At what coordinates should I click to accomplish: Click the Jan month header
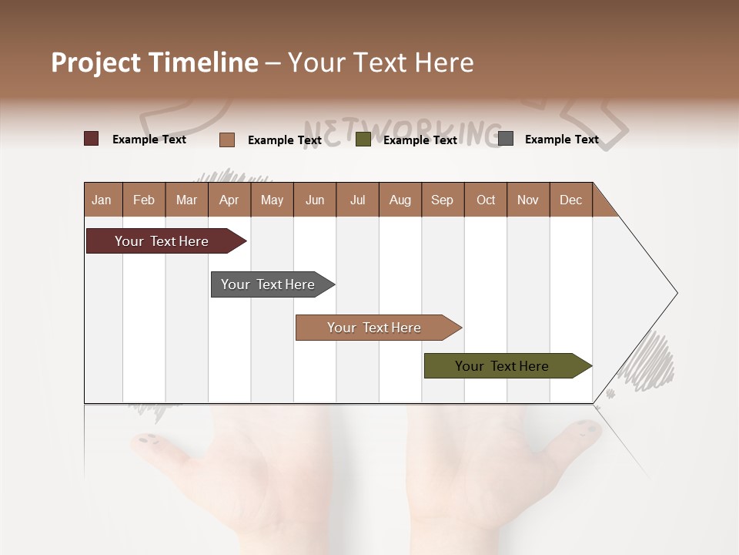pyautogui.click(x=102, y=200)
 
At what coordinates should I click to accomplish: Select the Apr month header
pyautogui.click(x=229, y=200)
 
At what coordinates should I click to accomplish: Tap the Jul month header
pyautogui.click(x=357, y=200)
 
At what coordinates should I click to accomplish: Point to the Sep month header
pyautogui.click(x=442, y=200)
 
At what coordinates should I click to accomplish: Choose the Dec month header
pyautogui.click(x=570, y=200)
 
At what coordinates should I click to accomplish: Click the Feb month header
pyautogui.click(x=144, y=200)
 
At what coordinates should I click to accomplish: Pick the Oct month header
pyautogui.click(x=486, y=200)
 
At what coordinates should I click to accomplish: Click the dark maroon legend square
pyautogui.click(x=92, y=139)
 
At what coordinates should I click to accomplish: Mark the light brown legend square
pyautogui.click(x=227, y=140)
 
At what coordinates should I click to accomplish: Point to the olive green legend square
pyautogui.click(x=363, y=140)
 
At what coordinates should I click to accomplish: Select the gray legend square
pyautogui.click(x=506, y=139)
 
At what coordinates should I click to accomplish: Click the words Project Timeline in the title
pyautogui.click(x=155, y=62)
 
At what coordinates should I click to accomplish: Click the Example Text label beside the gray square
pyautogui.click(x=561, y=140)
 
